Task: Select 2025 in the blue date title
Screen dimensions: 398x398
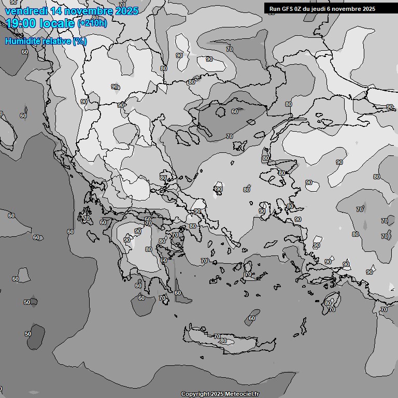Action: click(x=126, y=11)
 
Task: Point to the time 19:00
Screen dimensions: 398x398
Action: click(x=20, y=23)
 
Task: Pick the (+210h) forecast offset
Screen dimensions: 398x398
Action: click(x=92, y=23)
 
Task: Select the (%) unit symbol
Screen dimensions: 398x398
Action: click(x=80, y=41)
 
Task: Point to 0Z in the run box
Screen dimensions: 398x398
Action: click(x=298, y=9)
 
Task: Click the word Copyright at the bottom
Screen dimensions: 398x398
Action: click(x=195, y=394)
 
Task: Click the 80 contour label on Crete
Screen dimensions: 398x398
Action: click(x=223, y=340)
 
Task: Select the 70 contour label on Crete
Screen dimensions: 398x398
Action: click(x=217, y=336)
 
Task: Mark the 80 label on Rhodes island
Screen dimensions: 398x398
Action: click(x=328, y=303)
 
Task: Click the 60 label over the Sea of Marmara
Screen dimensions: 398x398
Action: click(x=235, y=111)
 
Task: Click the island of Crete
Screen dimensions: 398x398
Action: click(x=228, y=342)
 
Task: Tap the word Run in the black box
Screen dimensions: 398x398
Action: click(x=275, y=9)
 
